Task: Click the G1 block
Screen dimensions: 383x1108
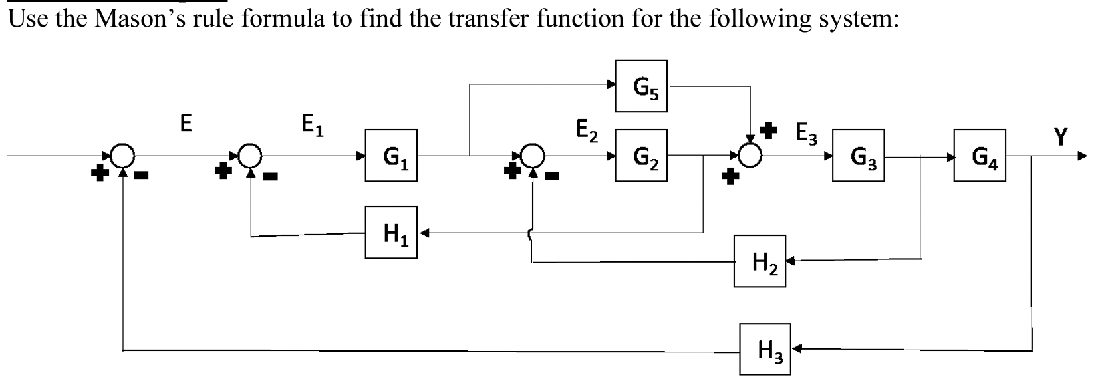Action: tap(391, 156)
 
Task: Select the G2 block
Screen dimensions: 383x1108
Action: tap(641, 156)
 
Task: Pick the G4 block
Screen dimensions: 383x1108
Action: tap(980, 156)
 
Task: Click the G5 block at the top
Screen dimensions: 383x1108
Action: tap(642, 86)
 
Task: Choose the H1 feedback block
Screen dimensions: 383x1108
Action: tap(391, 233)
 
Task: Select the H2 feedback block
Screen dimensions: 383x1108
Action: tap(760, 261)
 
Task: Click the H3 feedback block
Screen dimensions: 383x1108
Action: tap(765, 348)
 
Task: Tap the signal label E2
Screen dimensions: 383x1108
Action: tap(586, 130)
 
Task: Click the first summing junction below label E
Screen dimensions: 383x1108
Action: tap(122, 156)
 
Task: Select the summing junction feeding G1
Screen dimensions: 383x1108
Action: tap(250, 156)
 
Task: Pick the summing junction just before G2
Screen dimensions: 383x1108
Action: tap(533, 156)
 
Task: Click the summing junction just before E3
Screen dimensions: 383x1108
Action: tap(750, 156)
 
